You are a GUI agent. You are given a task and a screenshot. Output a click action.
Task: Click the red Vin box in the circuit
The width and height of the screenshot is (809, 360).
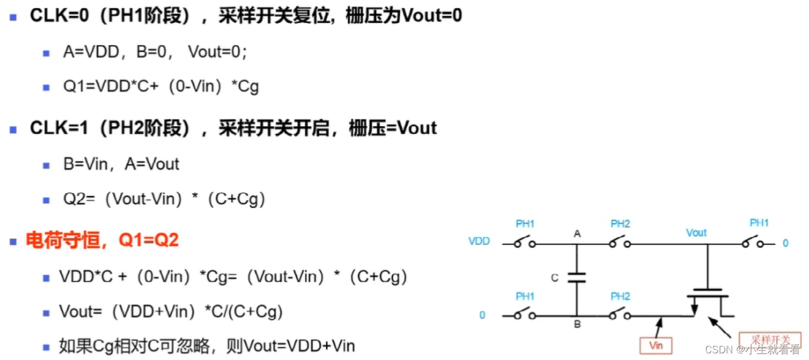[656, 346]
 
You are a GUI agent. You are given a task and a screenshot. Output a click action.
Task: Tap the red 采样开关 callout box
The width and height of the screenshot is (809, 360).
[769, 340]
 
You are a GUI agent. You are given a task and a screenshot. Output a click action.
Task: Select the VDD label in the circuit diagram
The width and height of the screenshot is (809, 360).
[479, 242]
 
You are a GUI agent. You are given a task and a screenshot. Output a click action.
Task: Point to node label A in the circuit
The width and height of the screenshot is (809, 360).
[577, 234]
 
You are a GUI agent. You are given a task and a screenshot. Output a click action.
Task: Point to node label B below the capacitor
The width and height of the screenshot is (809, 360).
[577, 324]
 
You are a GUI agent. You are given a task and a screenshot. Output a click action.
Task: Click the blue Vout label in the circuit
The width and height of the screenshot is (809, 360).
[696, 233]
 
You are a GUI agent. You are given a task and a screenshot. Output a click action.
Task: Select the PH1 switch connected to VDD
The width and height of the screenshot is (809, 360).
[525, 243]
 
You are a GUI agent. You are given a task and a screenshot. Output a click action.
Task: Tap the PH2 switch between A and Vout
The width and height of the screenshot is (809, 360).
[620, 243]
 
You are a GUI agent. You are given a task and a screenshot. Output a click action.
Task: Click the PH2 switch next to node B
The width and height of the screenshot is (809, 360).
[620, 315]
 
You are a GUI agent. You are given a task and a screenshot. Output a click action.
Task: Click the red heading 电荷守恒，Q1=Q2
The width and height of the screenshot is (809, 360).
[102, 241]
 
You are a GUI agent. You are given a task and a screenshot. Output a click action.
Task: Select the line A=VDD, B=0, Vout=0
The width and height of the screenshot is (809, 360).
[155, 53]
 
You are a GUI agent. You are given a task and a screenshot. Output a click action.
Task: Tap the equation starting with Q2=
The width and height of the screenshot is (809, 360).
[164, 199]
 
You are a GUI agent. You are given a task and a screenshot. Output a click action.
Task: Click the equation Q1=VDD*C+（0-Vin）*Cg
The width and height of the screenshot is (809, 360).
[161, 87]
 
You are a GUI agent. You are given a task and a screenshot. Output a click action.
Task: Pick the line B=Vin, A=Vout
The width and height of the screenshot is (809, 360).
[121, 164]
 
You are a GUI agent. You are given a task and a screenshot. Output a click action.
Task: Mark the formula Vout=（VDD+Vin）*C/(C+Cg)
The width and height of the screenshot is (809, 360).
[171, 312]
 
